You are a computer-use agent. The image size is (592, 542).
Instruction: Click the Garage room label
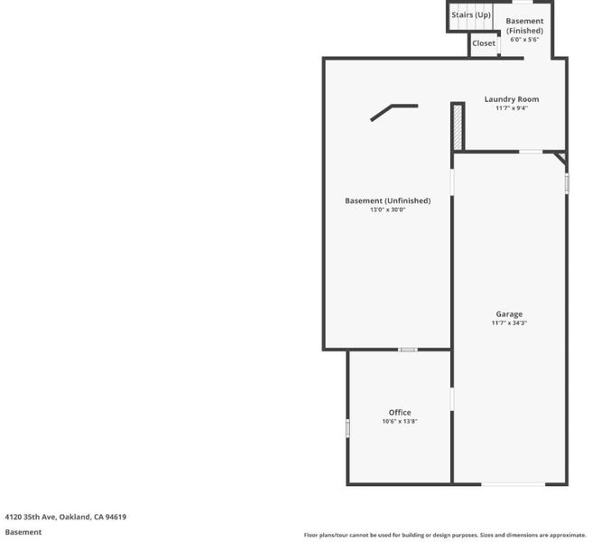[x=509, y=314]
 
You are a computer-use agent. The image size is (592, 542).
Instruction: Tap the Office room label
[x=400, y=412]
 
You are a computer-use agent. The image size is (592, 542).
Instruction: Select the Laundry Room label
[x=512, y=99]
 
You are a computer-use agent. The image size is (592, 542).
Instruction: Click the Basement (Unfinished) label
[x=388, y=201]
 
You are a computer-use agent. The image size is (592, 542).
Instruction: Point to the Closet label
[x=484, y=43]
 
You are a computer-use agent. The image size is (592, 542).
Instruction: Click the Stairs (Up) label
[x=471, y=14]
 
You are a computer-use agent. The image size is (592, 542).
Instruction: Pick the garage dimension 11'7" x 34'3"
[x=509, y=322]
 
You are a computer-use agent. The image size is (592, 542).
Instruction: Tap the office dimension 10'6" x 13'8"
[x=400, y=421]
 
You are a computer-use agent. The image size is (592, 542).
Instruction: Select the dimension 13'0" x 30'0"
[x=388, y=210]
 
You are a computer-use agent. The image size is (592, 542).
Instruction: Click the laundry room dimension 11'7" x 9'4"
[x=512, y=108]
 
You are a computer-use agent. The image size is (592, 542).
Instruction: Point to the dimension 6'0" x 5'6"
[x=524, y=40]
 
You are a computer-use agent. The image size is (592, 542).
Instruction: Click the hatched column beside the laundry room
[x=458, y=127]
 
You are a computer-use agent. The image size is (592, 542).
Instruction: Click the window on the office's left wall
[x=347, y=428]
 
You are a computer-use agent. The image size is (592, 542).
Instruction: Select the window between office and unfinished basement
[x=408, y=350]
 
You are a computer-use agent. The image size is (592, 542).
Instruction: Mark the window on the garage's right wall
[x=567, y=183]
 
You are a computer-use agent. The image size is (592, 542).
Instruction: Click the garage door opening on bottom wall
[x=513, y=484]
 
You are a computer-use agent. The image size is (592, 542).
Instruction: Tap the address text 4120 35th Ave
[x=30, y=517]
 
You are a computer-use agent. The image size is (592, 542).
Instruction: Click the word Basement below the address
[x=23, y=532]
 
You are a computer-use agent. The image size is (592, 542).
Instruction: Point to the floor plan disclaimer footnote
[x=445, y=535]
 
